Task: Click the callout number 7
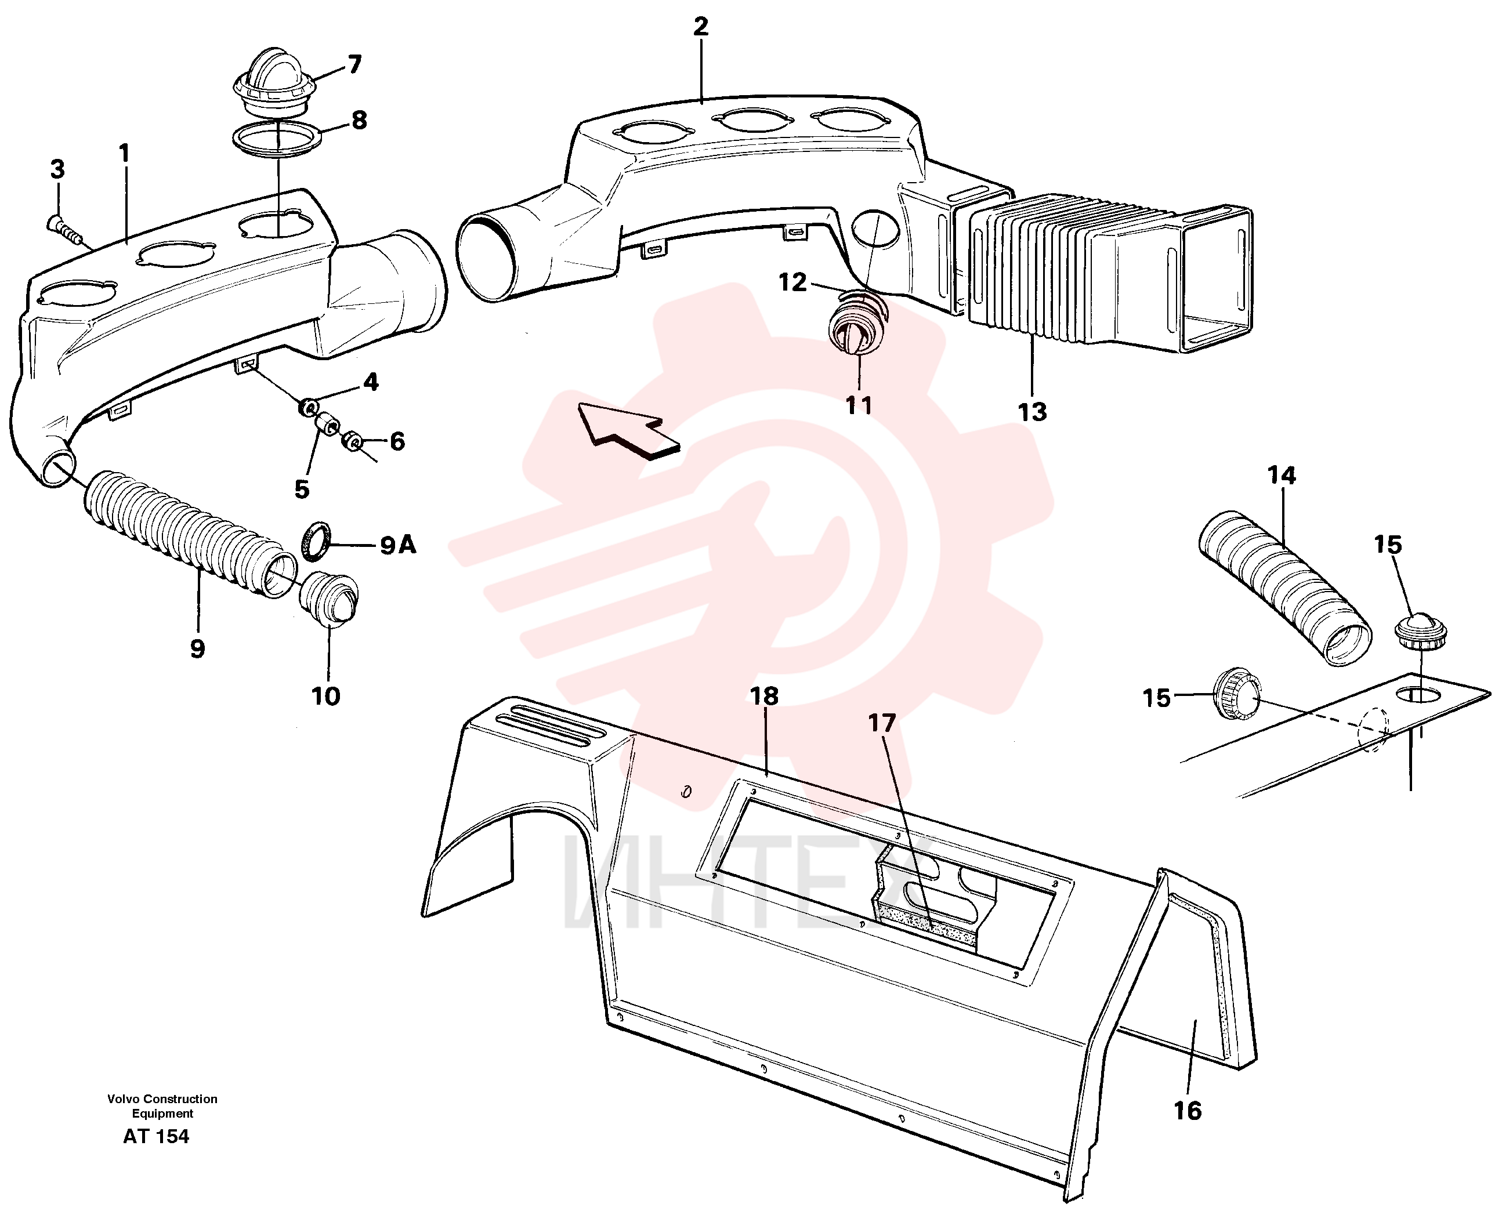354,65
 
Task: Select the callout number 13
1033,412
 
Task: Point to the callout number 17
882,723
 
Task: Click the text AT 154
156,1136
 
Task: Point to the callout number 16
1188,1111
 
